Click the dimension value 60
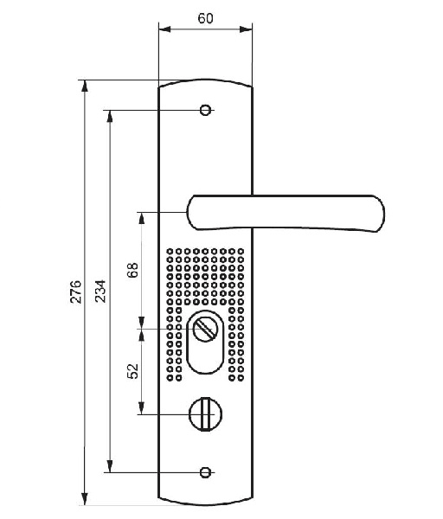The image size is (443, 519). pyautogui.click(x=205, y=18)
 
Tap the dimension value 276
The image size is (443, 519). pyautogui.click(x=76, y=292)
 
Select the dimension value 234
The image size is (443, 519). pyautogui.click(x=100, y=291)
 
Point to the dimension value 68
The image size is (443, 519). pyautogui.click(x=132, y=270)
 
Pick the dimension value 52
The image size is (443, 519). pyautogui.click(x=132, y=371)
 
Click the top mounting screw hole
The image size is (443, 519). pyautogui.click(x=205, y=110)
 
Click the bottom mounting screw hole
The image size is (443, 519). pyautogui.click(x=205, y=472)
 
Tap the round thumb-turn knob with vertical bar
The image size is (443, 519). pyautogui.click(x=205, y=414)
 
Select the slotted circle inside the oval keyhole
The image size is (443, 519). pyautogui.click(x=205, y=329)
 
